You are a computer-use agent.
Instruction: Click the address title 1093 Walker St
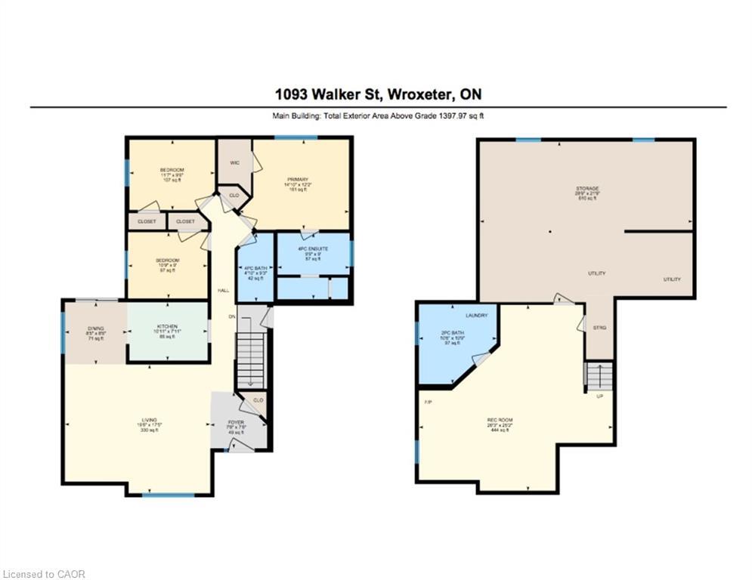coord(378,94)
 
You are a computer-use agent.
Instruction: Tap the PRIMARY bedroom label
coord(298,179)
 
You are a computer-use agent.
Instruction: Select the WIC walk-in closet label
coord(234,162)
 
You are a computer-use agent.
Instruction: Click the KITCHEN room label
coord(167,326)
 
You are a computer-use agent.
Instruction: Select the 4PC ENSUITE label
coord(312,248)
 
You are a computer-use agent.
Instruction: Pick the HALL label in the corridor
coord(224,290)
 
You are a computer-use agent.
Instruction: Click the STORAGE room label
coord(586,188)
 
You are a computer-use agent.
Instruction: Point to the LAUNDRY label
coord(476,315)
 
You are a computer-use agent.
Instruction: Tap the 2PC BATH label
coord(450,334)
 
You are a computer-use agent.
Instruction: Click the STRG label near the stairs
coord(600,327)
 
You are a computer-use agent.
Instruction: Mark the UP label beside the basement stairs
coord(600,396)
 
